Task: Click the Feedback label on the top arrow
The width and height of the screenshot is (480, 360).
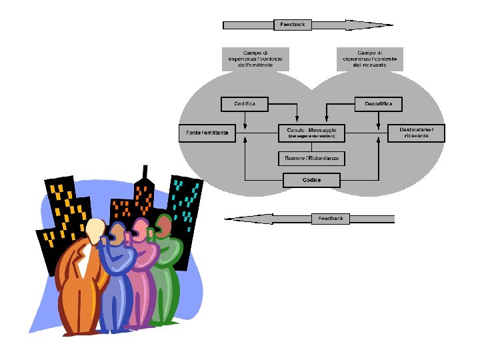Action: click(x=293, y=25)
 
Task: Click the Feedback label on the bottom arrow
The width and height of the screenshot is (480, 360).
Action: click(x=330, y=218)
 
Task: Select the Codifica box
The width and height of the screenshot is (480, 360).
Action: click(x=244, y=104)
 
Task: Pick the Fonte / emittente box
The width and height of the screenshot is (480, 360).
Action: click(x=207, y=133)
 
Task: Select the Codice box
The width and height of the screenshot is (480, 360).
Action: click(x=311, y=179)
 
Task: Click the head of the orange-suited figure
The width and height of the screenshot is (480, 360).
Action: click(x=95, y=229)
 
